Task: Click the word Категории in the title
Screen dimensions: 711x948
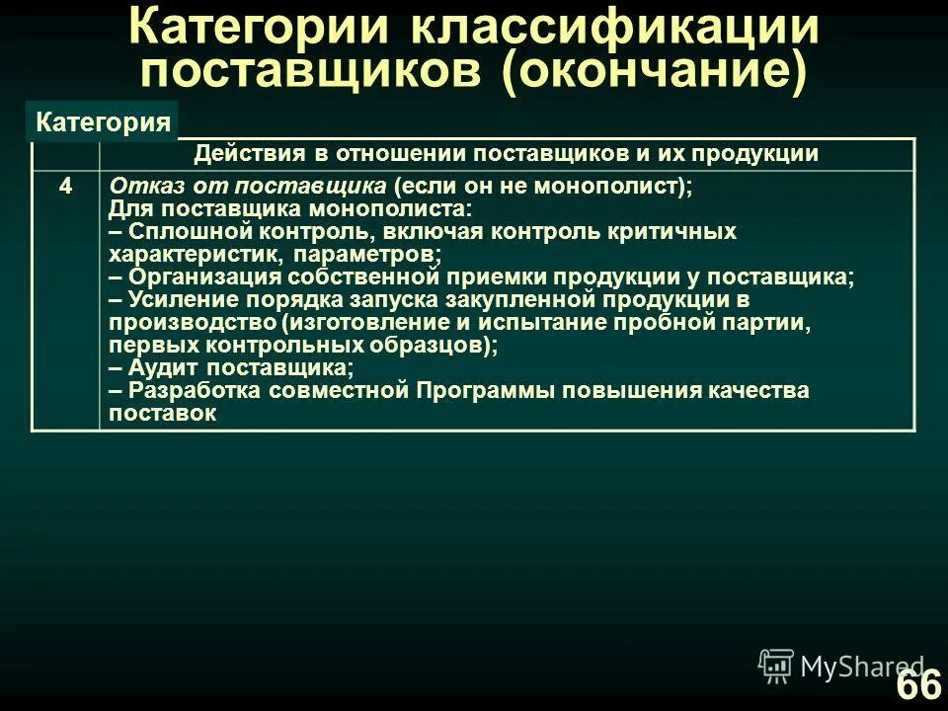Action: pyautogui.click(x=259, y=28)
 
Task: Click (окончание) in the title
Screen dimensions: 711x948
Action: pyautogui.click(x=653, y=72)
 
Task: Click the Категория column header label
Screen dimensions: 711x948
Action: pyautogui.click(x=103, y=122)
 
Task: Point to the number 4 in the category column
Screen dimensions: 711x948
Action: pyautogui.click(x=65, y=185)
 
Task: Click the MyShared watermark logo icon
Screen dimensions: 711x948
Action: pyautogui.click(x=776, y=666)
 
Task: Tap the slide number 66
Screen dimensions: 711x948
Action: pyautogui.click(x=917, y=684)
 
